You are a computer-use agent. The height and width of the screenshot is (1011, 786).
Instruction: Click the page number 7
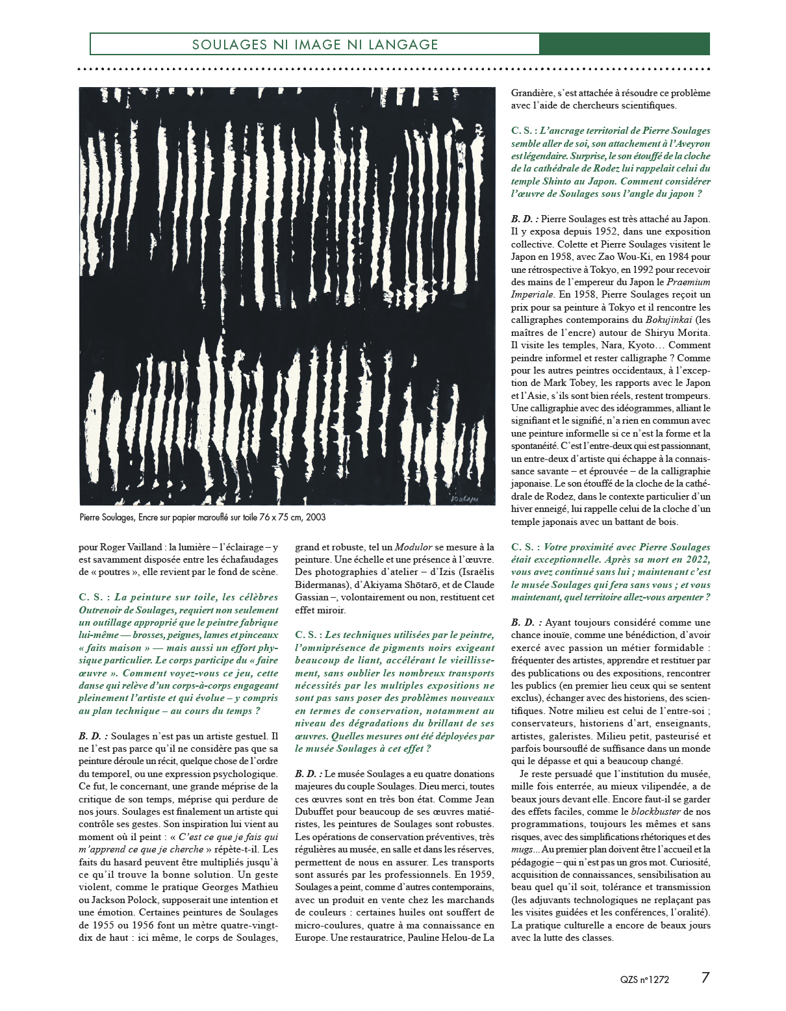pyautogui.click(x=705, y=978)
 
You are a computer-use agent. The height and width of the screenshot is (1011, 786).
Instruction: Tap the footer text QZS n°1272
pyautogui.click(x=644, y=980)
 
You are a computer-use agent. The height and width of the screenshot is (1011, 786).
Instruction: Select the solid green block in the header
pyautogui.click(x=624, y=44)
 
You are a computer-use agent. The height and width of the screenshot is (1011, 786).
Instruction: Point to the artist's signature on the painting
pyautogui.click(x=464, y=498)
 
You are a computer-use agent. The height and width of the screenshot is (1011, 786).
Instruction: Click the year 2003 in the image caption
pyautogui.click(x=315, y=517)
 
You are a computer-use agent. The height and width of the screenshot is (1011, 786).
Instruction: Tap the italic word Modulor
pyautogui.click(x=414, y=547)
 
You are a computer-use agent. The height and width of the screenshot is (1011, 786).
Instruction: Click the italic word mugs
pyautogui.click(x=522, y=849)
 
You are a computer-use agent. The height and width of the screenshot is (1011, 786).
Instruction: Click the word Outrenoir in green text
pyautogui.click(x=99, y=610)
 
